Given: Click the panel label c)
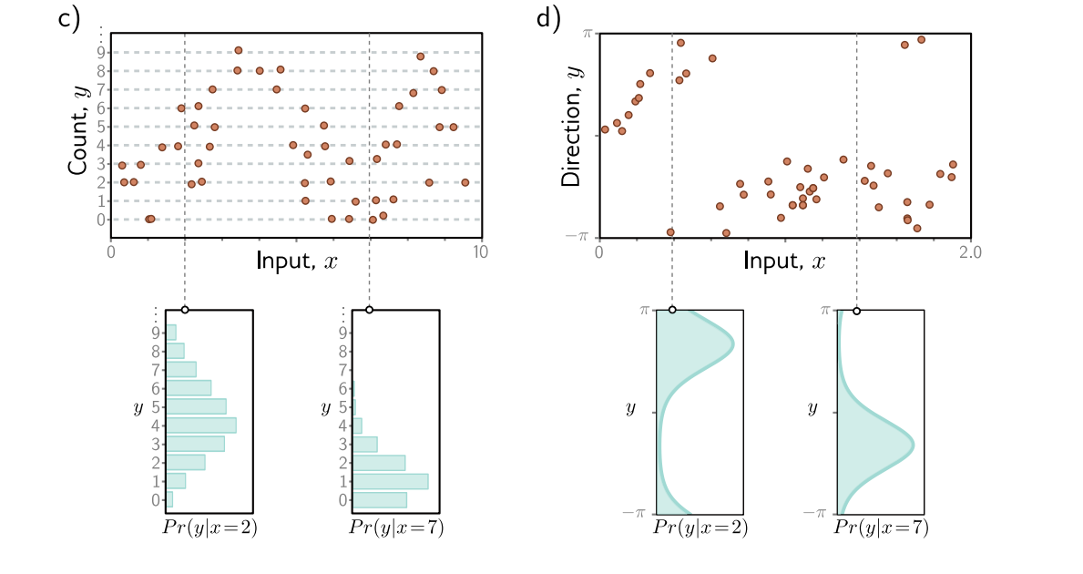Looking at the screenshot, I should [70, 20].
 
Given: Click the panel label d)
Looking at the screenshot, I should [548, 20].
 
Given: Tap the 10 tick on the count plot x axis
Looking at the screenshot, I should [480, 251].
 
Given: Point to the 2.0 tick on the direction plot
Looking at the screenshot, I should [968, 251].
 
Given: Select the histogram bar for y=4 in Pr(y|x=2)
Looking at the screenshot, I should [200, 425].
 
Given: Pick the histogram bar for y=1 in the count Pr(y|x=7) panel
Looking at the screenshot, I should [390, 480].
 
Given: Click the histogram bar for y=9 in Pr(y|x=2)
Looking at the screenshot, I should [171, 332].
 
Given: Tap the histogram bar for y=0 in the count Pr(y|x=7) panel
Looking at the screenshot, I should [380, 499].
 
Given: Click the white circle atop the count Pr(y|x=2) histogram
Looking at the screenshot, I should [185, 310].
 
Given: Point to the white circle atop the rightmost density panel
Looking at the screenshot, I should [857, 310].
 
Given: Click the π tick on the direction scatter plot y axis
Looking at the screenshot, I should [587, 33].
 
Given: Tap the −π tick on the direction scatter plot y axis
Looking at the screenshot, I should [582, 236].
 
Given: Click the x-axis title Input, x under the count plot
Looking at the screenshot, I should [297, 261].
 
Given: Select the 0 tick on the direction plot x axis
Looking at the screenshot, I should [599, 251].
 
